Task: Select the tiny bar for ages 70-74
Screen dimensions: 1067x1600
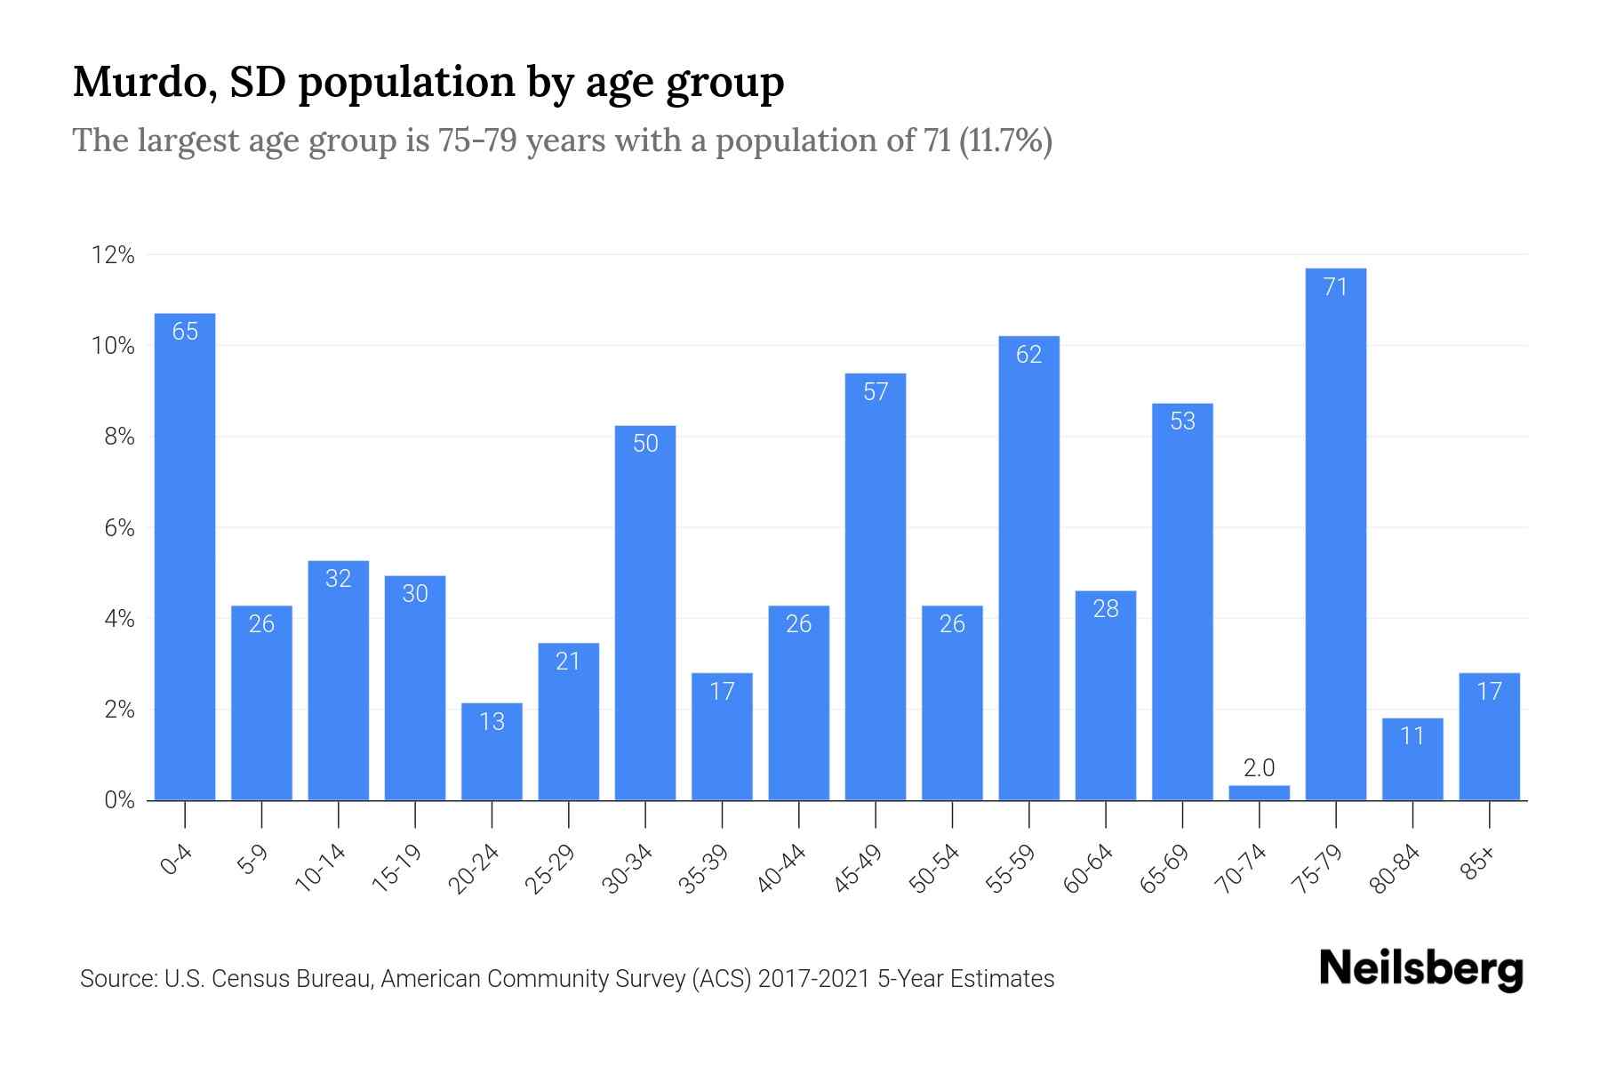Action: [x=1259, y=792]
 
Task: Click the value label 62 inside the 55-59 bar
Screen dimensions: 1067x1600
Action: [x=1028, y=355]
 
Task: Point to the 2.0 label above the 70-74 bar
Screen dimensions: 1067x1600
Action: [x=1259, y=767]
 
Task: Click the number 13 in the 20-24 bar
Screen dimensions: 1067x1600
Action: [x=492, y=721]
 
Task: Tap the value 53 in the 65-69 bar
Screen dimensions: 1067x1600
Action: [x=1182, y=421]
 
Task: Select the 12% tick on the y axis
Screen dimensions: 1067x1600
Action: [x=113, y=256]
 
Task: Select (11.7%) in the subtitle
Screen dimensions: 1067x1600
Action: [x=1005, y=140]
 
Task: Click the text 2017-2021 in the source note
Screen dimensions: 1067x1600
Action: [x=813, y=979]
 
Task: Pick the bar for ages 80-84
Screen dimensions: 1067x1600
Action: [x=1412, y=760]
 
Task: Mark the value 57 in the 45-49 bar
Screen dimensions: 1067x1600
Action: [x=876, y=392]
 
